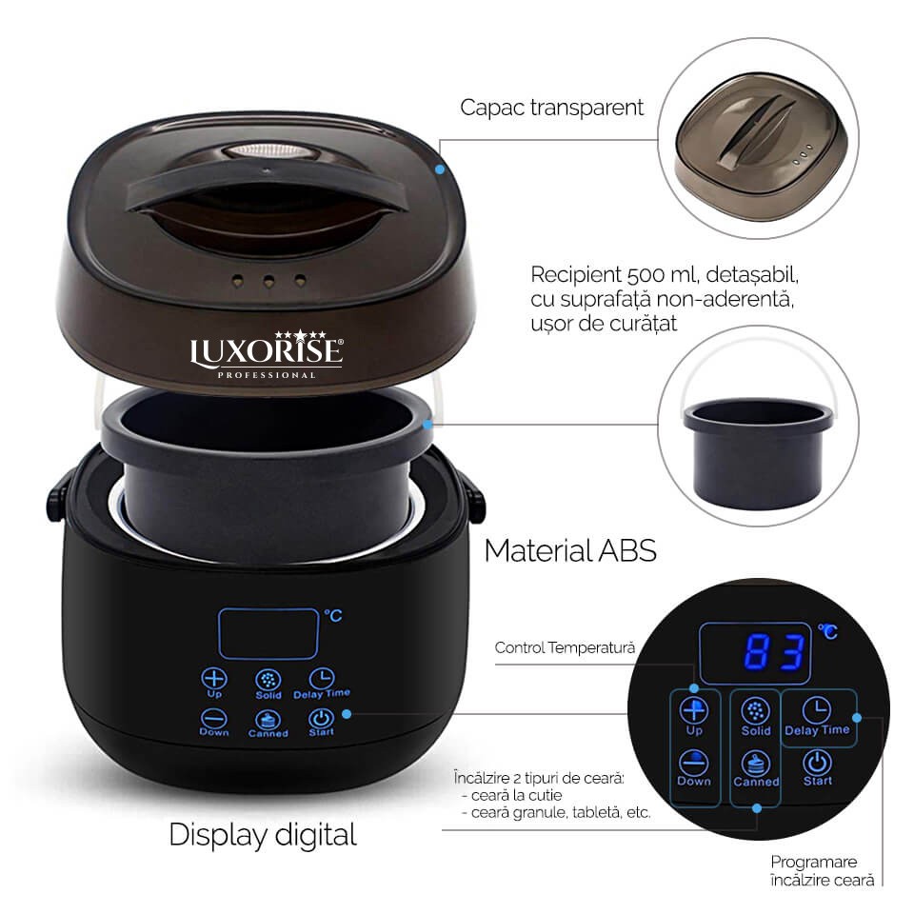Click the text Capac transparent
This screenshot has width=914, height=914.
tap(551, 108)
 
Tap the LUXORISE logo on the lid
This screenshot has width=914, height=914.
tap(267, 354)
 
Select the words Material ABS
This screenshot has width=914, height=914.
tap(570, 551)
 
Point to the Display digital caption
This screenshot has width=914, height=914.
tap(263, 835)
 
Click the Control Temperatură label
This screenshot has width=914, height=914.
tap(565, 647)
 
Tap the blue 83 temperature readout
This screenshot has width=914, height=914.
tap(775, 651)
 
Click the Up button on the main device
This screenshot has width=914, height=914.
tap(214, 683)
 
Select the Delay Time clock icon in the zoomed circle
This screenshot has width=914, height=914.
tap(817, 710)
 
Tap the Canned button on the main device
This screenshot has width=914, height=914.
tap(268, 725)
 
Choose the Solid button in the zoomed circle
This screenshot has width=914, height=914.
tap(755, 717)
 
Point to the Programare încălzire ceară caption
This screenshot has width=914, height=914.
tap(822, 871)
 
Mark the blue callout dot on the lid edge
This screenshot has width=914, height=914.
tap(440, 169)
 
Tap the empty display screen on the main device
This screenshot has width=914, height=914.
tap(268, 634)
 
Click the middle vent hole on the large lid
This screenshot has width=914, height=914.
tap(268, 282)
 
